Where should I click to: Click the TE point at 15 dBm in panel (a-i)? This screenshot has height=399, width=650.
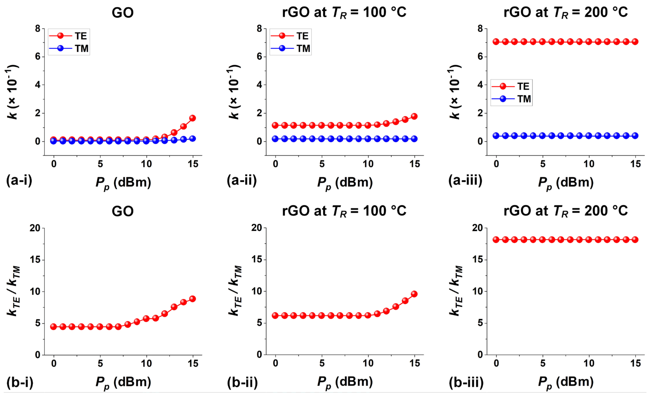[x=193, y=118]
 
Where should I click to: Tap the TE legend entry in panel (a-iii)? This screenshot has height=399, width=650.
[x=511, y=86]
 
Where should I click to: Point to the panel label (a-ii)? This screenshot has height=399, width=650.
[x=242, y=181]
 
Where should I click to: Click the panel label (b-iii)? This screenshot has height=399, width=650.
[x=466, y=382]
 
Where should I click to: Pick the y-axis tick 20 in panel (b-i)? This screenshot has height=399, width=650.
[x=35, y=228]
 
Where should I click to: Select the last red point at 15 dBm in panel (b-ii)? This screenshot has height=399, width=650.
[x=414, y=294]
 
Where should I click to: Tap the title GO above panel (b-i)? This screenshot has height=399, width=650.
[x=123, y=211]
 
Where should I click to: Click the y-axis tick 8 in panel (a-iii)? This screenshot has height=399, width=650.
[x=480, y=28]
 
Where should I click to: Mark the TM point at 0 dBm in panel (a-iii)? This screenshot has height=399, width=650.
[x=496, y=136]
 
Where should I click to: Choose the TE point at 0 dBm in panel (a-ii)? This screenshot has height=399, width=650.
[x=275, y=125]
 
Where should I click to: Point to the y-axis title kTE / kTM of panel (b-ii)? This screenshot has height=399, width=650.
[x=235, y=290]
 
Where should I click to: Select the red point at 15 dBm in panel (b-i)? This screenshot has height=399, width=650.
[x=193, y=299]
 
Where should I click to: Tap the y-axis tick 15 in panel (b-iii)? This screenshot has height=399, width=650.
[x=477, y=260]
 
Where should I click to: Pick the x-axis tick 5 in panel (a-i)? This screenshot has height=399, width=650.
[x=100, y=164]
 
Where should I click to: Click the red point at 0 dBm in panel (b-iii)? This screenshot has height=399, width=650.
[x=496, y=240]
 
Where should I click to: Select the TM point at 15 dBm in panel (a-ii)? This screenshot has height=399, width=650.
[x=414, y=139]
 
